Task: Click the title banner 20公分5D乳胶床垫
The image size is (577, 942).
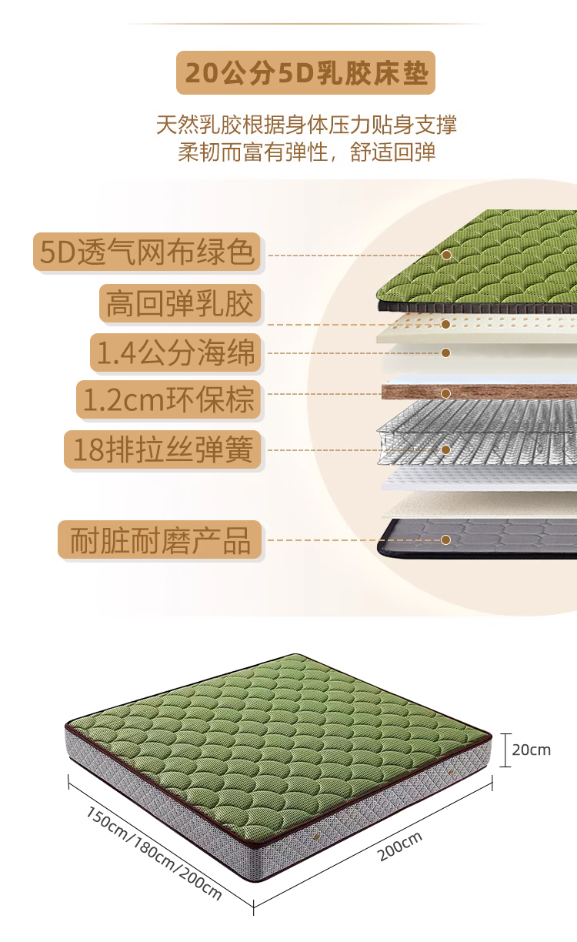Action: (x=305, y=73)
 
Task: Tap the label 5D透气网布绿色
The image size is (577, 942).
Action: (x=148, y=252)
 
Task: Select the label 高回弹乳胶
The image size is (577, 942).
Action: (x=180, y=304)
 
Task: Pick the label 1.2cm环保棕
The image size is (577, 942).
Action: (x=168, y=400)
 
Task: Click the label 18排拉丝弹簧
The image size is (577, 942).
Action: (x=162, y=449)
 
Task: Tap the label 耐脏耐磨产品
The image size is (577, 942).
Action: (x=160, y=540)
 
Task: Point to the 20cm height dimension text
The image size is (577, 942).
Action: (x=532, y=750)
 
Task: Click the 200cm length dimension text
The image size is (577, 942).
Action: (x=400, y=847)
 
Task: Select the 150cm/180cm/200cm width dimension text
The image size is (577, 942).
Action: (x=154, y=853)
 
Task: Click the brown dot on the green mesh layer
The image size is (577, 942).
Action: (x=445, y=255)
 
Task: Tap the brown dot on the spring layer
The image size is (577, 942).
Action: (x=445, y=449)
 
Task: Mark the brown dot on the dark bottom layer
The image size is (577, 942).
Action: (x=445, y=539)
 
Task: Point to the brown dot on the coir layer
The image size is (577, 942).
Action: (x=445, y=393)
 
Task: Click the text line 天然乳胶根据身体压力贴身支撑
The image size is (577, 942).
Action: (x=306, y=125)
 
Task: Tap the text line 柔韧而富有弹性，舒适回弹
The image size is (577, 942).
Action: (x=306, y=151)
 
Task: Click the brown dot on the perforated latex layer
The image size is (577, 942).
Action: (x=445, y=324)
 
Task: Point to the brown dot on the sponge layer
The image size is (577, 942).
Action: (x=445, y=353)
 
